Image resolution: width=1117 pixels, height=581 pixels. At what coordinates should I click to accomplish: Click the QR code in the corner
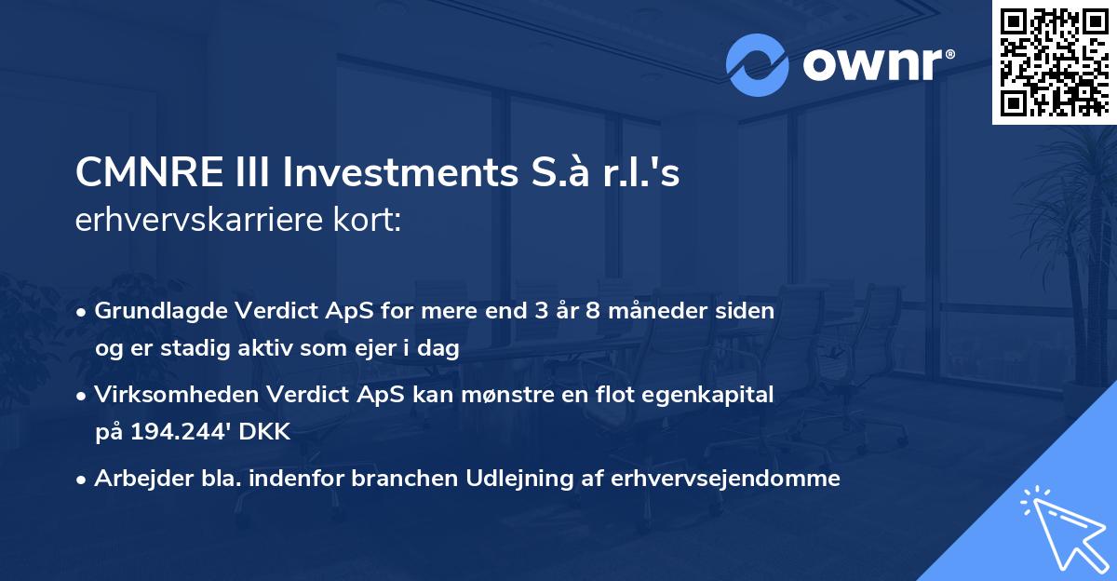1055,61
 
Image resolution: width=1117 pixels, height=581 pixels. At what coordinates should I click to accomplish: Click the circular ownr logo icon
758,64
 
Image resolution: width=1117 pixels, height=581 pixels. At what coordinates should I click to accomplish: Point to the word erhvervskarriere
198,222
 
